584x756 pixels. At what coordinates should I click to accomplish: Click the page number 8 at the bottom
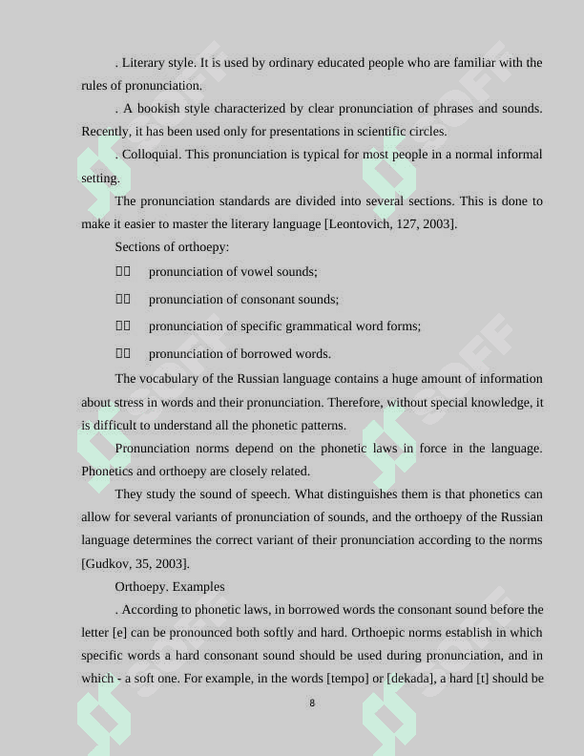(312, 703)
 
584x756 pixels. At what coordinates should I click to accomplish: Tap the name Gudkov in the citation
(108, 563)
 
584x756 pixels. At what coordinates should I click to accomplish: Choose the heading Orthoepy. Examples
(170, 586)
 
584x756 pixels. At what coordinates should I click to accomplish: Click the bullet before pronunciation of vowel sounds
(123, 272)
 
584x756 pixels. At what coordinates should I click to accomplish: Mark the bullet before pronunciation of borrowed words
(123, 353)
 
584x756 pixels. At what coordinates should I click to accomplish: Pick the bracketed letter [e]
(120, 633)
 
